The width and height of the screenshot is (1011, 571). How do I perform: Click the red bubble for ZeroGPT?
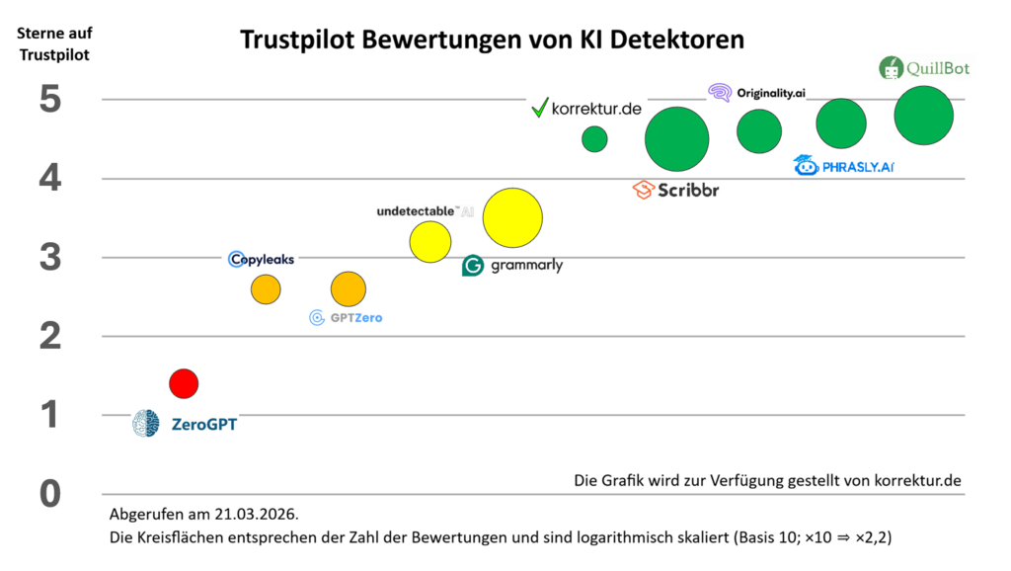point(184,382)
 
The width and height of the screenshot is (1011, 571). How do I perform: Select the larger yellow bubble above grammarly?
point(512,218)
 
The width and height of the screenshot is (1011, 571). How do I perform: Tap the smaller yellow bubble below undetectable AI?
point(429,242)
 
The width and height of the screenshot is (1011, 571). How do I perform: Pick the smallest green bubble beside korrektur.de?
point(594,139)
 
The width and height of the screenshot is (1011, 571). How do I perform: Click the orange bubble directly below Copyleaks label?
point(266,289)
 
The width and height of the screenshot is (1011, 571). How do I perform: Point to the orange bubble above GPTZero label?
point(348,289)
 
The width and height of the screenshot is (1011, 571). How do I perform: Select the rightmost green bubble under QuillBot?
point(923,116)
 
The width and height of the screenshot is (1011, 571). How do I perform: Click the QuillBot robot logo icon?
point(891,68)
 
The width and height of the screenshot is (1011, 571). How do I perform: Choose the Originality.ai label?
point(771,92)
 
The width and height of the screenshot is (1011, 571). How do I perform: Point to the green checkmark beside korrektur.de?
point(539,108)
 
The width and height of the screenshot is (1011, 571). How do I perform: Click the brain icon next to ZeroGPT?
point(146,424)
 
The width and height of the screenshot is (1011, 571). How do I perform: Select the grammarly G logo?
point(473,265)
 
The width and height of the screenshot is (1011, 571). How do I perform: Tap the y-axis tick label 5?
point(50,100)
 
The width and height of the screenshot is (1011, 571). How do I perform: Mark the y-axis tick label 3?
point(50,258)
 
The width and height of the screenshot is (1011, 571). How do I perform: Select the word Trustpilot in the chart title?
point(300,41)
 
